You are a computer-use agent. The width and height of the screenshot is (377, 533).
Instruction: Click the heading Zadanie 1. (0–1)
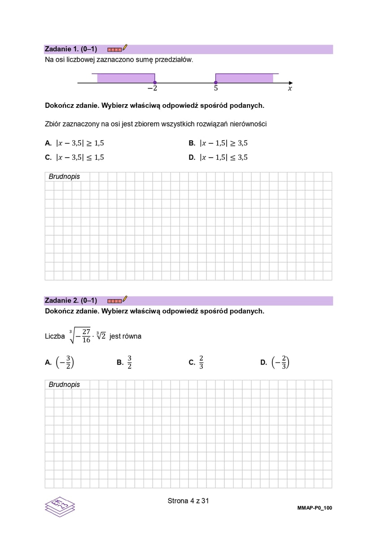pos(71,49)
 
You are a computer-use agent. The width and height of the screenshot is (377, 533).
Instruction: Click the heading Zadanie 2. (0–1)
pos(71,300)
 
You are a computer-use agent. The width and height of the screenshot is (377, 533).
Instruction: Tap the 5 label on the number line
pos(216,89)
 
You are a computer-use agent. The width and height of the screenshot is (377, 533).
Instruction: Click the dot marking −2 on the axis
pos(155,83)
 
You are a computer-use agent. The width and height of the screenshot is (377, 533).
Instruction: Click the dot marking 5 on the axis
pos(216,83)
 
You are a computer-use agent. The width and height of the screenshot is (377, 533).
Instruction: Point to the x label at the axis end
pos(289,89)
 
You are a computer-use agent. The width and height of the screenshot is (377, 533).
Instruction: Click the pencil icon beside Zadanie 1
pos(125,48)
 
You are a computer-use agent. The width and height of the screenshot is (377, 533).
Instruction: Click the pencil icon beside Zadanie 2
pos(125,299)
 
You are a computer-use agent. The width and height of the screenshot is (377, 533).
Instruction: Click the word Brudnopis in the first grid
pos(64,176)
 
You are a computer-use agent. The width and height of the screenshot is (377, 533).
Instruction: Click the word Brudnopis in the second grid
pos(64,384)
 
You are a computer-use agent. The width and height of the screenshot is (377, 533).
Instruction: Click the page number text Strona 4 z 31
pos(188,501)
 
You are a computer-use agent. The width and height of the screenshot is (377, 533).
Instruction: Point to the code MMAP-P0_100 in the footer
pos(314,508)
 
